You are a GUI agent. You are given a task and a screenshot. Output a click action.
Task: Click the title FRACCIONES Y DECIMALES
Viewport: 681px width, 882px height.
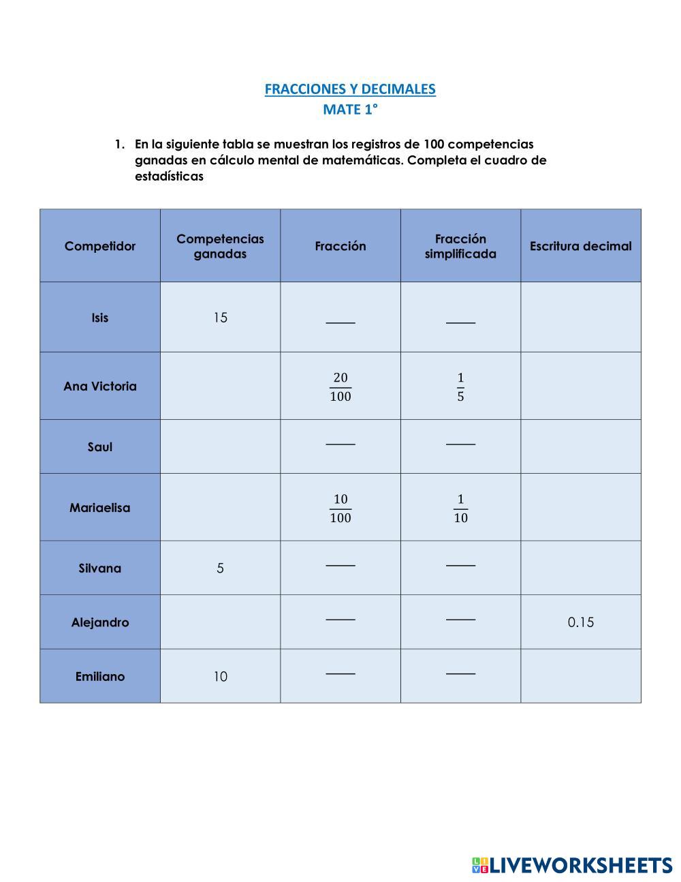(x=350, y=89)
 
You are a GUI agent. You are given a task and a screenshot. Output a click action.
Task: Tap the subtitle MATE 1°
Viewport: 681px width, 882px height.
(x=350, y=109)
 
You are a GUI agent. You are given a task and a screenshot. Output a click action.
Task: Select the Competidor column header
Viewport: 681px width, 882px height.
(x=100, y=246)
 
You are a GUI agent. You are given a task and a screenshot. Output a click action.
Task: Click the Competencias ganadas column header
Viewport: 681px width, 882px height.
(x=220, y=246)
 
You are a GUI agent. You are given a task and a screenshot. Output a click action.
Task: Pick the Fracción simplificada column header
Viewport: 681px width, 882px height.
(x=460, y=246)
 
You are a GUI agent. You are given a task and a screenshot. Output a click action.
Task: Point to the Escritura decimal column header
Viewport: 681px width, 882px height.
(x=580, y=246)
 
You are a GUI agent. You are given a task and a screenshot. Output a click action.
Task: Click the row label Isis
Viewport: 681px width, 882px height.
(x=100, y=318)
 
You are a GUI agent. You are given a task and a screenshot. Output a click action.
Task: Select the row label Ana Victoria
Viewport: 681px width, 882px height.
(x=100, y=386)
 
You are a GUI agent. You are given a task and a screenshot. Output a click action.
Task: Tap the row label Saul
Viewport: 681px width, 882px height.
(x=100, y=447)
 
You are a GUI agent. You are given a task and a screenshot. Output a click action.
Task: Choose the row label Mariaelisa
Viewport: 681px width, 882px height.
(x=100, y=508)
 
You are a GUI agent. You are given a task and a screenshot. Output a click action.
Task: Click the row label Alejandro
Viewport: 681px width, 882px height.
(x=100, y=622)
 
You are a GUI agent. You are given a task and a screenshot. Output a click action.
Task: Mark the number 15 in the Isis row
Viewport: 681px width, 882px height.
(x=220, y=318)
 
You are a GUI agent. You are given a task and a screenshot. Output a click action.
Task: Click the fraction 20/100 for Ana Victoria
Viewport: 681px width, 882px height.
(x=340, y=386)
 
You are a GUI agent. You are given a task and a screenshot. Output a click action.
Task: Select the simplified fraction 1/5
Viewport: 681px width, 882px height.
(x=460, y=386)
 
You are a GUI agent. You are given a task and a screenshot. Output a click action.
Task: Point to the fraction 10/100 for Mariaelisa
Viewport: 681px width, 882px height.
(x=340, y=508)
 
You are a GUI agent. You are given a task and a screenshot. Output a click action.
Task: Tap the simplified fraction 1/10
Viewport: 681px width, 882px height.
(x=460, y=508)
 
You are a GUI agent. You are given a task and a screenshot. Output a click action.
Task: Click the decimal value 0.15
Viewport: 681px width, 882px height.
(x=580, y=622)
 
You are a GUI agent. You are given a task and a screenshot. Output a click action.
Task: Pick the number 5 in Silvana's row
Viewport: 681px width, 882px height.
(x=220, y=568)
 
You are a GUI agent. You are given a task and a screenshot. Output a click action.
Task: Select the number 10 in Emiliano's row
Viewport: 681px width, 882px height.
(x=220, y=677)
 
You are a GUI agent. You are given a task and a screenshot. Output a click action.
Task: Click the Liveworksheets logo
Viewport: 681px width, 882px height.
(x=571, y=866)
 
